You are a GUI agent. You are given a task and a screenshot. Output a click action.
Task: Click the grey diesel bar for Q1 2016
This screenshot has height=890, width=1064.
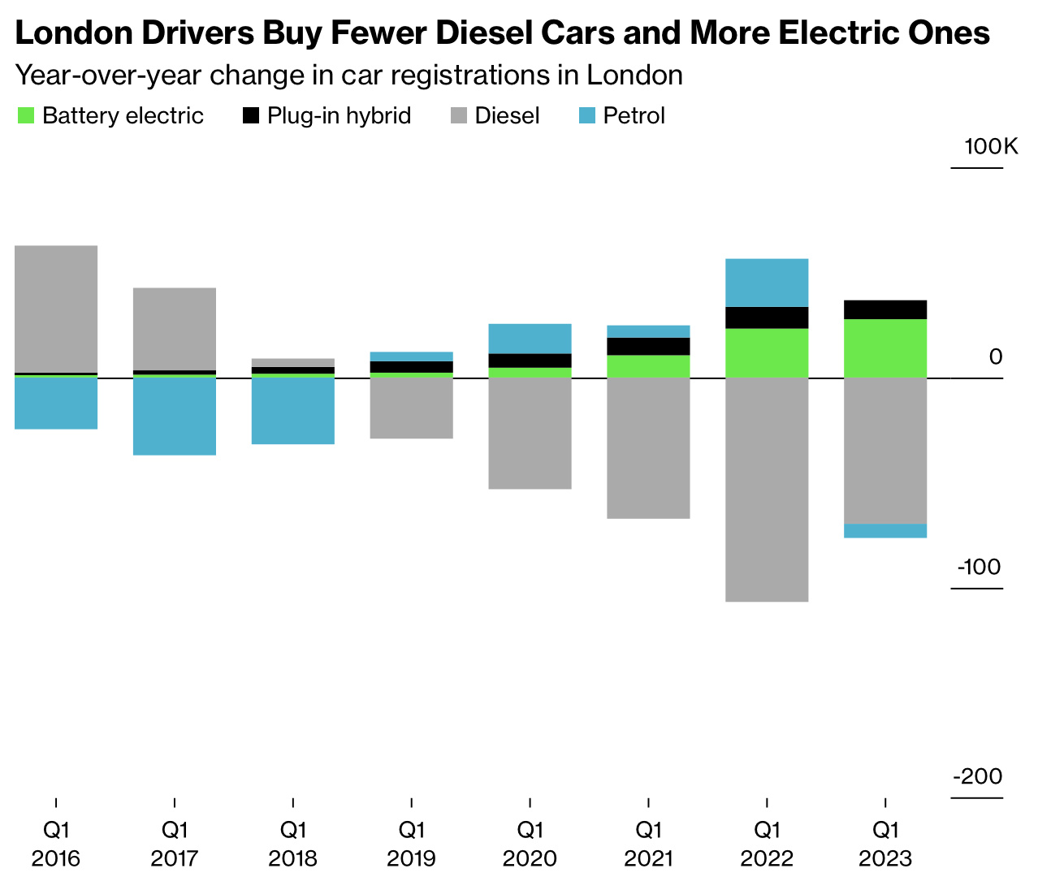click(x=56, y=309)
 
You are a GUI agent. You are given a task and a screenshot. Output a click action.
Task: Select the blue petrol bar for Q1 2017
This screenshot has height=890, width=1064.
click(x=175, y=417)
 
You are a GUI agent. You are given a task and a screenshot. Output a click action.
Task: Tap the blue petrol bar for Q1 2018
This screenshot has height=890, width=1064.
click(x=293, y=411)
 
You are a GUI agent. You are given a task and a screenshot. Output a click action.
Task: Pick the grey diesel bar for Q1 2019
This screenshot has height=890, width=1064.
click(x=412, y=408)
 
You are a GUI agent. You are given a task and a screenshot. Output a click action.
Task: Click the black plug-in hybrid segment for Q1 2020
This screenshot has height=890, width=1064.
click(x=530, y=361)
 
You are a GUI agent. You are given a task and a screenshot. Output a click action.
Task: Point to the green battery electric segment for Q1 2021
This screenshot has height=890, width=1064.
click(x=649, y=366)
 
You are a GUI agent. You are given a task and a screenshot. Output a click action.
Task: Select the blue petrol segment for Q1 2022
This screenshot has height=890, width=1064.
click(x=767, y=283)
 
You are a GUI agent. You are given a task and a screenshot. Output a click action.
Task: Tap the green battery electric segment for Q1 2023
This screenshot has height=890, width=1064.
click(x=885, y=348)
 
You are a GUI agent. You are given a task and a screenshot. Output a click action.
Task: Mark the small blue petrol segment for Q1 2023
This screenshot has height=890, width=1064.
click(x=885, y=531)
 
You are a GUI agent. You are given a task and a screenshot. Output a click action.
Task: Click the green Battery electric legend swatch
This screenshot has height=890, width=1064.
click(x=26, y=116)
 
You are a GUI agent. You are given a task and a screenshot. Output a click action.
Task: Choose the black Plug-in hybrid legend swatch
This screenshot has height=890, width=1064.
click(x=251, y=116)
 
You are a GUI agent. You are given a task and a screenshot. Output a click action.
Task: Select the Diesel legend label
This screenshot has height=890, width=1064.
click(x=507, y=116)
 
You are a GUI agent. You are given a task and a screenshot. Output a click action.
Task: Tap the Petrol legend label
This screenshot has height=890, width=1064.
click(x=634, y=116)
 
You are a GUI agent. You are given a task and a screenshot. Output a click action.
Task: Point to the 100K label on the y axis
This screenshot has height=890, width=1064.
click(x=991, y=147)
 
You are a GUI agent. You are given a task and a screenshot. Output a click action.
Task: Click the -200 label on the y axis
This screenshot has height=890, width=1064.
click(x=978, y=777)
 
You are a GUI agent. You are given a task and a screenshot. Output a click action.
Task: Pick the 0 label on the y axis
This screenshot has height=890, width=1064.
click(x=996, y=357)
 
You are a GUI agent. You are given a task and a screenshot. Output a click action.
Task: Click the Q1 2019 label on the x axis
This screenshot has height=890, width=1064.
click(x=412, y=844)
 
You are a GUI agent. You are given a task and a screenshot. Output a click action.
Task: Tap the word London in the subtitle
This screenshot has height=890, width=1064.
click(x=634, y=76)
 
